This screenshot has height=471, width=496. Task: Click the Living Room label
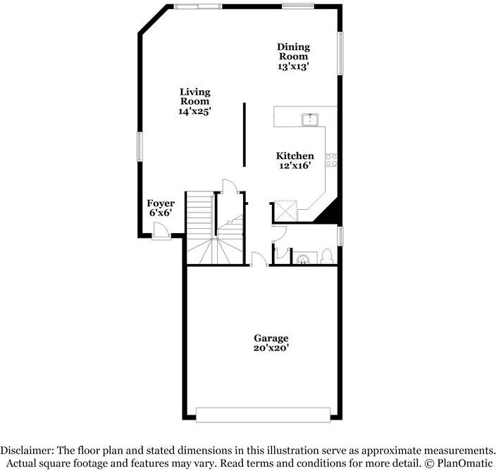[x=195, y=96]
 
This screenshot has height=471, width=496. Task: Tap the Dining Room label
[x=293, y=51]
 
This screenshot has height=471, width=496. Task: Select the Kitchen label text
[x=294, y=156]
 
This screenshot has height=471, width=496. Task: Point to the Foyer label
[x=160, y=203]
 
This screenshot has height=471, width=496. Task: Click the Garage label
[x=271, y=338]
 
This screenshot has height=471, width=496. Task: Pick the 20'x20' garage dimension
[x=271, y=347]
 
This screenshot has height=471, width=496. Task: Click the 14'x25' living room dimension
[x=195, y=111]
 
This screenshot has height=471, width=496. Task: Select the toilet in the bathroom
[x=328, y=257]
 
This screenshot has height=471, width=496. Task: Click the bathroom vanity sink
[x=304, y=259]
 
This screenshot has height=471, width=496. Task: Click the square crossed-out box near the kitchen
[x=286, y=211]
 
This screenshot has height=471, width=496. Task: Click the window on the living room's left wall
[x=139, y=146]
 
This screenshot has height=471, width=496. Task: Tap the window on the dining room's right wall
[x=340, y=53]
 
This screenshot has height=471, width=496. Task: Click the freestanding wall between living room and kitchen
[x=244, y=134]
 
